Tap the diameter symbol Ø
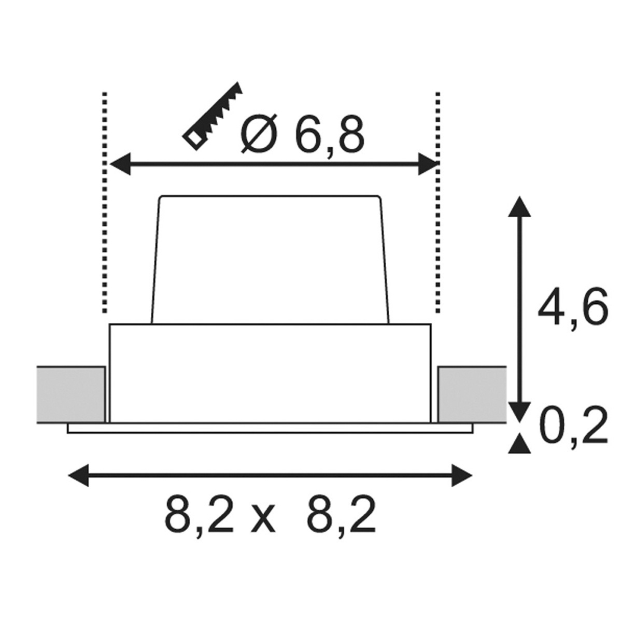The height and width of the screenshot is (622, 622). click(x=259, y=134)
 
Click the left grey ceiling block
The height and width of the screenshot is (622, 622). click(x=71, y=394)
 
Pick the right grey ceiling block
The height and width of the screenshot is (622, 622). click(x=472, y=394)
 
